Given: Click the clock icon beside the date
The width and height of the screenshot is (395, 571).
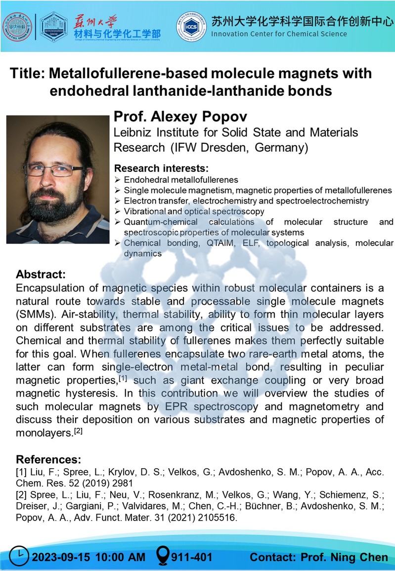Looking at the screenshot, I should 20,557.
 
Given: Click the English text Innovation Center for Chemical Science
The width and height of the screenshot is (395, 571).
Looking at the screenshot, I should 279,34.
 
